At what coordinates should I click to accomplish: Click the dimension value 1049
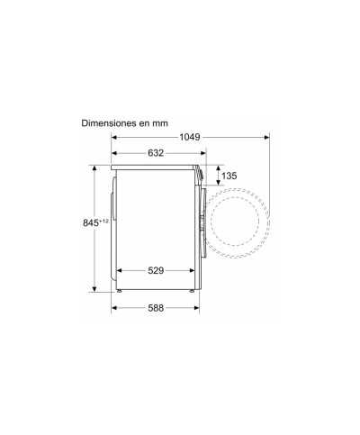click(189, 137)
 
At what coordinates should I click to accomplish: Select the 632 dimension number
click(155, 153)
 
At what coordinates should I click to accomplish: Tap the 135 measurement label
click(229, 176)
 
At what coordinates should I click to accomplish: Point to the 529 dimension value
click(155, 270)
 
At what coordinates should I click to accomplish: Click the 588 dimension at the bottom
click(155, 308)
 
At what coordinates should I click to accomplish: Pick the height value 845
click(83, 223)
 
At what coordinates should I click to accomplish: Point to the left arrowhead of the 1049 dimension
click(114, 137)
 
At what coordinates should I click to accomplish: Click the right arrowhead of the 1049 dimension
click(265, 137)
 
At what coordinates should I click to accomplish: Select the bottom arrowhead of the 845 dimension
click(94, 290)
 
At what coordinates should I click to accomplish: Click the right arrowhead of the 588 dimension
click(197, 308)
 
